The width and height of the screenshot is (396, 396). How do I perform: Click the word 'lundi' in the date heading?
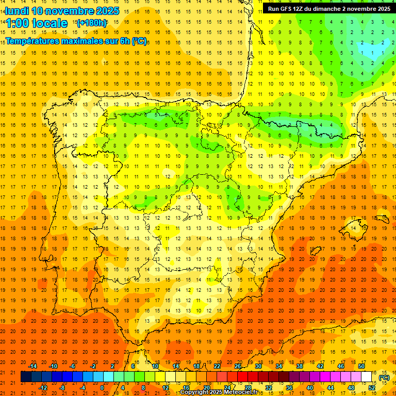click(17, 11)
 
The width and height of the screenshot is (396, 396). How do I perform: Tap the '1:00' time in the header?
click(16, 23)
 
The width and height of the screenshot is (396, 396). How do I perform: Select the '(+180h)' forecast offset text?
click(91, 23)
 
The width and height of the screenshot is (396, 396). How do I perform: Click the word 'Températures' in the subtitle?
click(32, 40)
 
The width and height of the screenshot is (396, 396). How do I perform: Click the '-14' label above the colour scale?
click(32, 366)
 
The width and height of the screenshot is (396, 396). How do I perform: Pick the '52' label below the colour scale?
click(371, 388)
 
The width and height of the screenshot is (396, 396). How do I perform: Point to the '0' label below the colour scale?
click(102, 388)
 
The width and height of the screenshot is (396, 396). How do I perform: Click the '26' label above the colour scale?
click(238, 366)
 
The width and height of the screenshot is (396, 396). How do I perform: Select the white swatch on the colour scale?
click(366, 377)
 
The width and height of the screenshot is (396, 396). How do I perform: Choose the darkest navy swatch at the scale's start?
click(26, 377)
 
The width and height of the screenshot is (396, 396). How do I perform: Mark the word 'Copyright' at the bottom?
click(195, 392)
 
